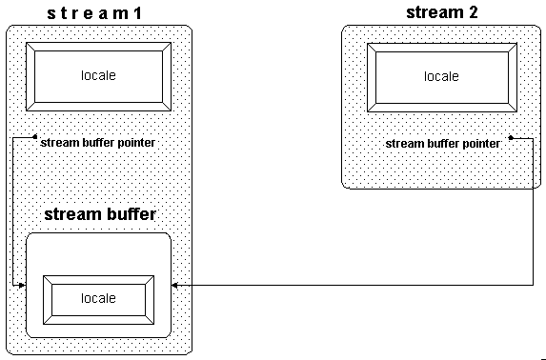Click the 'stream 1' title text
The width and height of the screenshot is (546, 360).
tap(98, 13)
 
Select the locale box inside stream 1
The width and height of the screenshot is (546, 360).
tap(99, 75)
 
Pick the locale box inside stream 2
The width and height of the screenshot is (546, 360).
tap(441, 76)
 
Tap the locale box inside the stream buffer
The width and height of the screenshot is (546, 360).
tap(99, 298)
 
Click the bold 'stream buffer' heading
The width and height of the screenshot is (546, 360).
tap(100, 214)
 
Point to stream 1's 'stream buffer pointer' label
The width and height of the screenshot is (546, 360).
tap(98, 143)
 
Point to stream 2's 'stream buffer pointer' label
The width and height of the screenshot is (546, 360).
tap(442, 143)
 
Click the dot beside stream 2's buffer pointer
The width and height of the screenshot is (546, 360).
tap(511, 137)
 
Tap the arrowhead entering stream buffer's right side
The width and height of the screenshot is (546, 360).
tap(176, 284)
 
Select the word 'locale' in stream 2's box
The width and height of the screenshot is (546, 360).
tap(441, 76)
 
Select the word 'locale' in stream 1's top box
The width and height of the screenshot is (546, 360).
tap(99, 75)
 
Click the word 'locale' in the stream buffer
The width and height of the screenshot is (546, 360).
tap(99, 298)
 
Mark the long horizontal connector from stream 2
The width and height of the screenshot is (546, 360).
tap(353, 284)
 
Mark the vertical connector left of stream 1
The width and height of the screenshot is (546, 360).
tap(11, 210)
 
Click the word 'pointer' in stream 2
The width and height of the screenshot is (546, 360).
tap(480, 143)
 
